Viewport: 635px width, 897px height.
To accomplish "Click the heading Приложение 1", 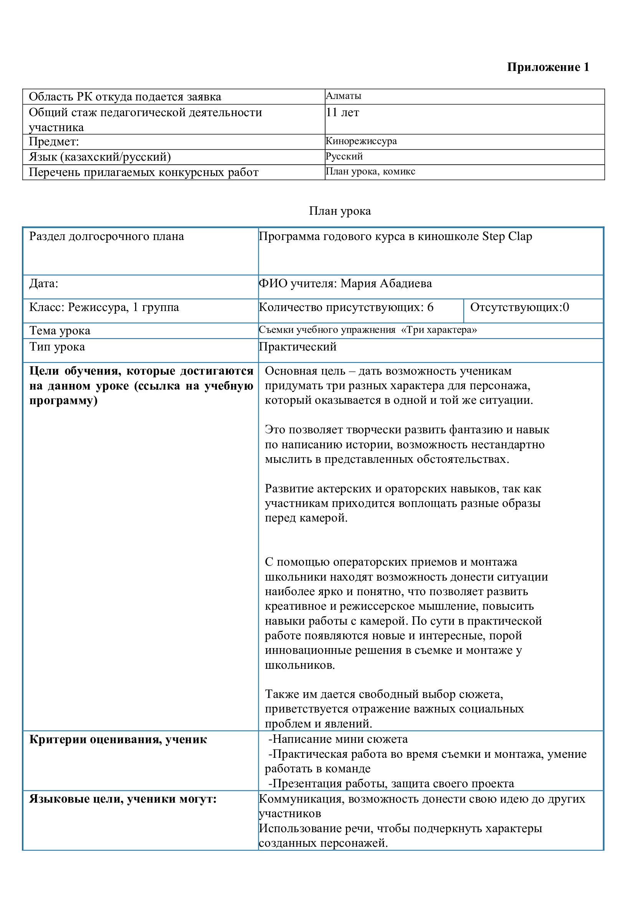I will (x=548, y=67).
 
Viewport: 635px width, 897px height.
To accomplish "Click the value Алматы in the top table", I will (x=343, y=96).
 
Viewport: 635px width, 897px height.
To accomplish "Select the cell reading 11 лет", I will (x=342, y=112).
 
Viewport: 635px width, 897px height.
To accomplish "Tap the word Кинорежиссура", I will (x=361, y=141).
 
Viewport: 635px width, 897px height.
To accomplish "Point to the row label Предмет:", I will (x=54, y=142).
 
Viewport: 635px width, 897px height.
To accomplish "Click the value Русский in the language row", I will (x=344, y=156).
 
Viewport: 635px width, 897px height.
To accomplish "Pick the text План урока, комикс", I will (x=370, y=171).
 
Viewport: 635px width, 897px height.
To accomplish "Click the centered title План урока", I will (x=340, y=211).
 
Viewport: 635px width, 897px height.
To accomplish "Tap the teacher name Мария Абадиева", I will (x=386, y=283).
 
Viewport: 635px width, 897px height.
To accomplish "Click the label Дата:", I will (x=44, y=283).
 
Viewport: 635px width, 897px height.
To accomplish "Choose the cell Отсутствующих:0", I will (x=520, y=307).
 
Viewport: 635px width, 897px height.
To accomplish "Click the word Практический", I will (x=298, y=347).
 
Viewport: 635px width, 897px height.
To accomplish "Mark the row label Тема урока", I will (x=60, y=331).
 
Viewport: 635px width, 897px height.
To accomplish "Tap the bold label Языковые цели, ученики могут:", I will (x=123, y=799).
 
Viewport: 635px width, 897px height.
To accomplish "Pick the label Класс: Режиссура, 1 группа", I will (x=104, y=307).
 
